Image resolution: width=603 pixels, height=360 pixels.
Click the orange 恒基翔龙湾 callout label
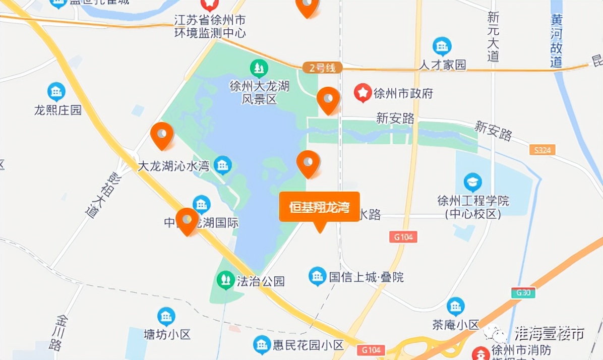click(319, 207)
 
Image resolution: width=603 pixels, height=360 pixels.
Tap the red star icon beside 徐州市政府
click(362, 93)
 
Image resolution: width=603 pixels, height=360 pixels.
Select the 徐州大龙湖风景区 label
click(259, 92)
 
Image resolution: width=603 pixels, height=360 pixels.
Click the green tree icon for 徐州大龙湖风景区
click(259, 68)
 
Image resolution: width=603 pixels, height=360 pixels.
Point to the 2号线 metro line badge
click(322, 68)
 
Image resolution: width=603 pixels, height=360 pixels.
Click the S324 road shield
click(542, 150)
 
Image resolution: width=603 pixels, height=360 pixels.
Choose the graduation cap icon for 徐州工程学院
click(472, 182)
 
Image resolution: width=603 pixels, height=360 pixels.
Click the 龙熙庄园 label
click(57, 110)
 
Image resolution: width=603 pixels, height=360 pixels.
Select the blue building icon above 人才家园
click(442, 46)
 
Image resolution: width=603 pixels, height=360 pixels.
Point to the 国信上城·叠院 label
click(366, 277)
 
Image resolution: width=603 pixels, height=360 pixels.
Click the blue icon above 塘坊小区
click(166, 316)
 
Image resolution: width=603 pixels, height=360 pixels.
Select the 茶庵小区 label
click(455, 325)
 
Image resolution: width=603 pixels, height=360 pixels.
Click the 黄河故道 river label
click(556, 40)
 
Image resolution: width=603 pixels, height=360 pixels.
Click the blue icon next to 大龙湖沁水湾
click(222, 164)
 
